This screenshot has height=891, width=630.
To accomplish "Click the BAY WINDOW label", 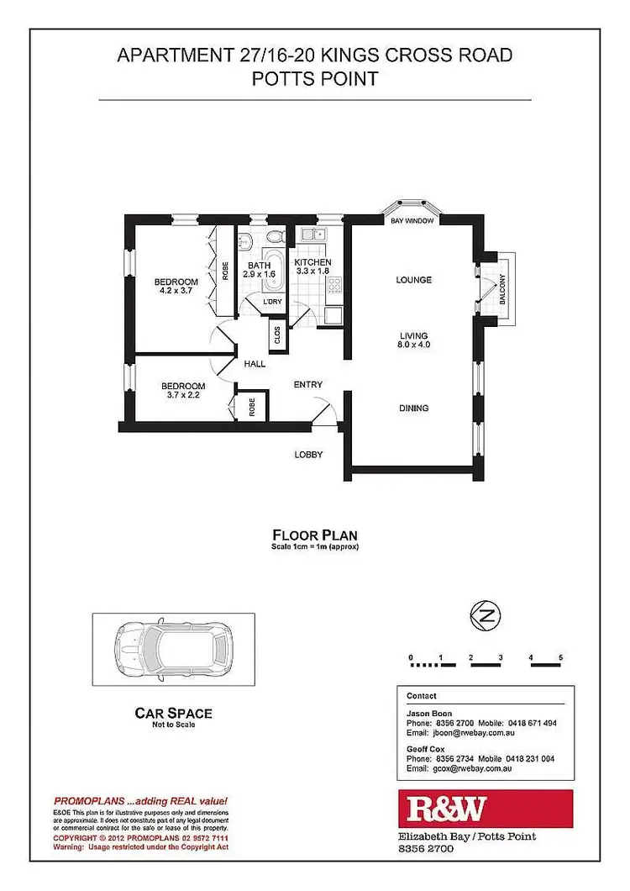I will [x=412, y=221].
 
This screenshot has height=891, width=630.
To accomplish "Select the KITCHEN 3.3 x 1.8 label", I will [x=312, y=267].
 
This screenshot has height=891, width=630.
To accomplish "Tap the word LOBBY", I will [x=308, y=455].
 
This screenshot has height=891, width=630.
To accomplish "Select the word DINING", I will [x=413, y=409].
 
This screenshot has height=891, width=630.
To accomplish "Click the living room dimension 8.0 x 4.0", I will [x=414, y=344].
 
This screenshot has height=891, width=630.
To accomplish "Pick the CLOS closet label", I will [x=277, y=335].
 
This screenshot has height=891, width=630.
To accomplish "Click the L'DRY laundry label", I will [x=271, y=302].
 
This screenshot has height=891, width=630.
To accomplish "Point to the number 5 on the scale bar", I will [x=559, y=656].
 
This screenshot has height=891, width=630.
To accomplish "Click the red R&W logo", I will [x=485, y=809].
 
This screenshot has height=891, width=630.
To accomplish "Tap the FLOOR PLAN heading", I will [x=315, y=535].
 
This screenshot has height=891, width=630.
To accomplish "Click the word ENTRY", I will [x=308, y=385].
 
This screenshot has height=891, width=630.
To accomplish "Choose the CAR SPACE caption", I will [x=174, y=714].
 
